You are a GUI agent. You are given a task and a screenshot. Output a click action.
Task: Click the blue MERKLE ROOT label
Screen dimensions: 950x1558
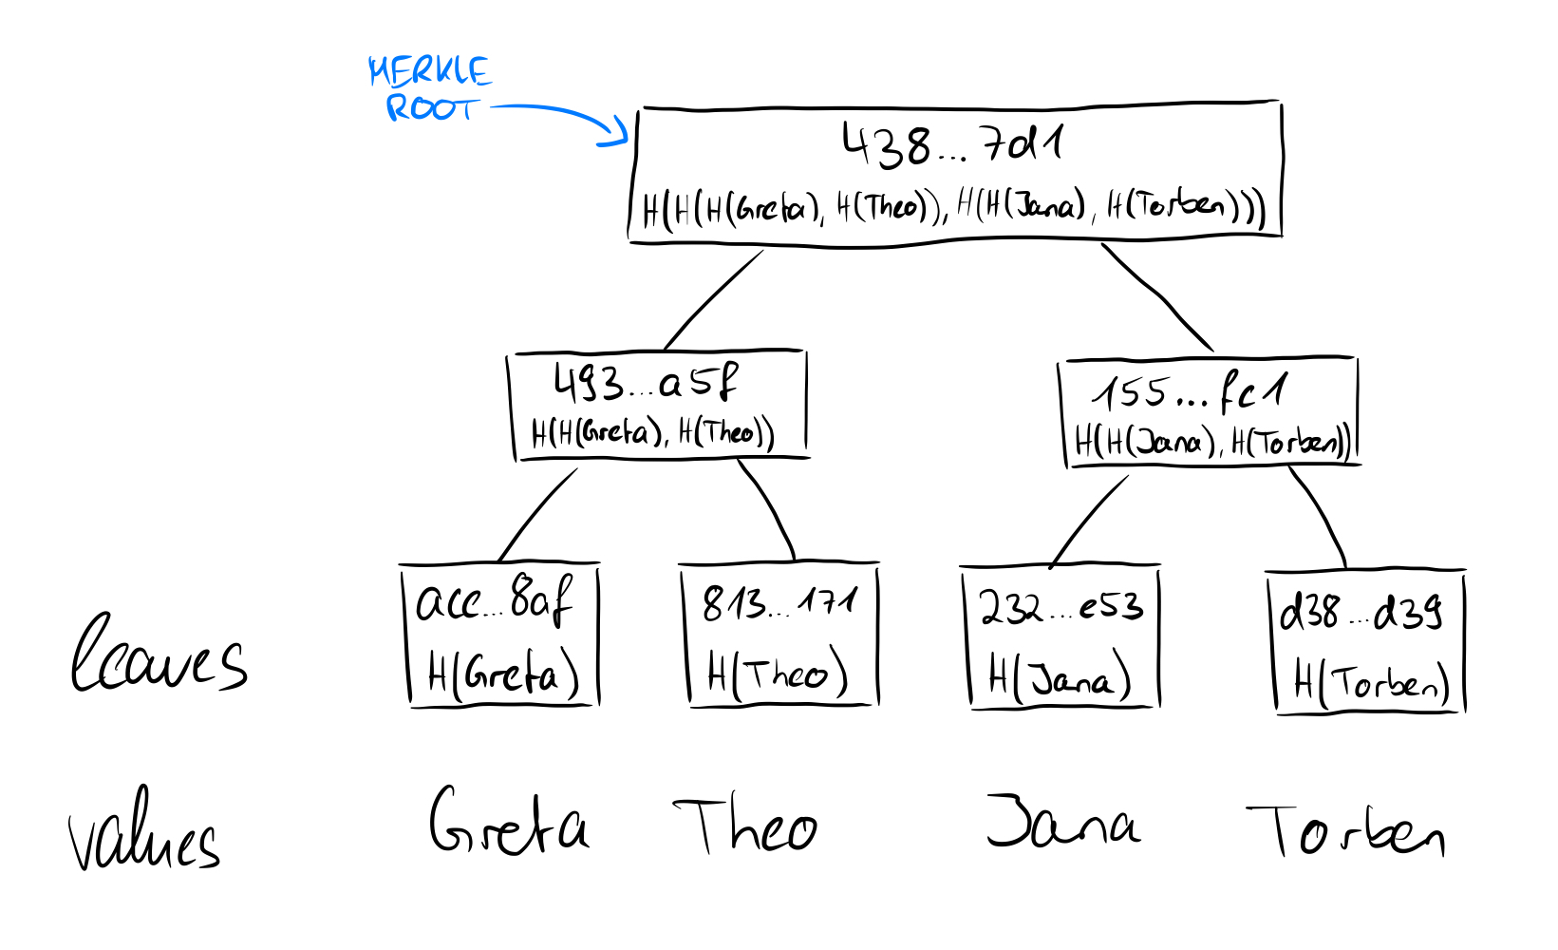point(429,88)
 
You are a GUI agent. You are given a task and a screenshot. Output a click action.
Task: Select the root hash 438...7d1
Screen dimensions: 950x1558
point(952,145)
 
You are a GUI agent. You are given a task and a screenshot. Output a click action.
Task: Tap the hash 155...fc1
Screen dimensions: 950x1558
point(1191,391)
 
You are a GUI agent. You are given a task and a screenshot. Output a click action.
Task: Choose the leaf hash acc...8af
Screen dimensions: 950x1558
point(495,601)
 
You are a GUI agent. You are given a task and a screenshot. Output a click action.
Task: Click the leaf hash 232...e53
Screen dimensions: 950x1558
point(1061,607)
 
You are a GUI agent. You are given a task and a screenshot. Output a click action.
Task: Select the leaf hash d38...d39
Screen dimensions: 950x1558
point(1361,613)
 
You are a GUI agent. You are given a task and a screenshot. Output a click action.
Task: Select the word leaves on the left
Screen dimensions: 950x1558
point(159,655)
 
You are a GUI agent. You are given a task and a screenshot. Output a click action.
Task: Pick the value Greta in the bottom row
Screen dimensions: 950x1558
point(509,822)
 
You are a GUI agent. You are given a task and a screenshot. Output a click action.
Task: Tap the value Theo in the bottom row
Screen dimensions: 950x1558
point(746,826)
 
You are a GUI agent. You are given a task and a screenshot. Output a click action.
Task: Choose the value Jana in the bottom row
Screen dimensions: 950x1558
point(1062,822)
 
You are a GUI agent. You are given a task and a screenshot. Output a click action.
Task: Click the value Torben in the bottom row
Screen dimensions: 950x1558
point(1345,833)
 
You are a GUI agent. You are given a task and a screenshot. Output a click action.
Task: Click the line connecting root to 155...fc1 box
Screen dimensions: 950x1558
point(1156,296)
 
